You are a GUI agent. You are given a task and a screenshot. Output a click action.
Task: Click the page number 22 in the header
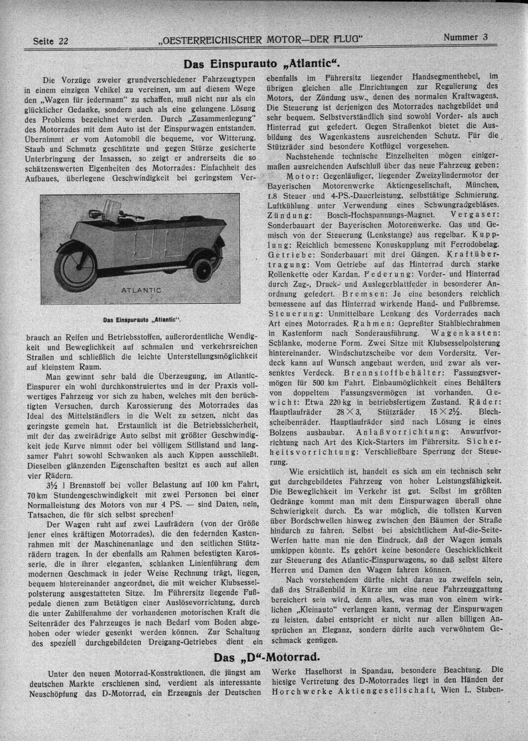[x=63, y=41]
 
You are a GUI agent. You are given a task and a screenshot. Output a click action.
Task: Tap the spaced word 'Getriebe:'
[x=292, y=254]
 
